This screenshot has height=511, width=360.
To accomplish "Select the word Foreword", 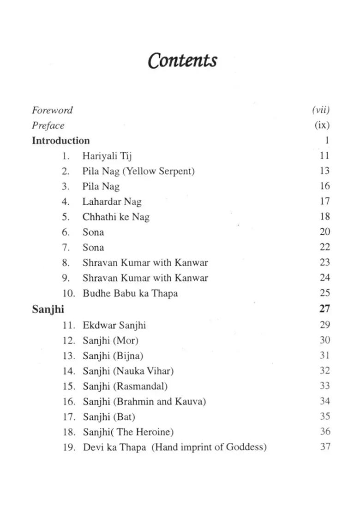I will pyautogui.click(x=52, y=110).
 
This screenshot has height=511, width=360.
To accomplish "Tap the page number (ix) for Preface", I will pyautogui.click(x=322, y=125).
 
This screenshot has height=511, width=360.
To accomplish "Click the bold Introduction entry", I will pyautogui.click(x=60, y=141).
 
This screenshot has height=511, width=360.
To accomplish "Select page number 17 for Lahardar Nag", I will pyautogui.click(x=324, y=202).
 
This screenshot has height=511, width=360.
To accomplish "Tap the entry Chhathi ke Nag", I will pyautogui.click(x=116, y=217).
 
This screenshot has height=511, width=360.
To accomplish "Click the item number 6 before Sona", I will pyautogui.click(x=66, y=232).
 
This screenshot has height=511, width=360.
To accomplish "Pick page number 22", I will pyautogui.click(x=324, y=247).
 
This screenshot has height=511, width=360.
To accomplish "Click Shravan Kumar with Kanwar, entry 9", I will pyautogui.click(x=145, y=278).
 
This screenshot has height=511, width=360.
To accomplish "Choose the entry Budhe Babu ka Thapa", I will pyautogui.click(x=130, y=293).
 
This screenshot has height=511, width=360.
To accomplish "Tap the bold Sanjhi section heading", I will pyautogui.click(x=48, y=309).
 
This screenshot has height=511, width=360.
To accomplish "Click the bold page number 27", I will pyautogui.click(x=324, y=309).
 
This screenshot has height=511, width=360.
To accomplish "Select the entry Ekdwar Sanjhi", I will pyautogui.click(x=114, y=325).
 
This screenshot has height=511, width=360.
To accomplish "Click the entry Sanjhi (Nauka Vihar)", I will pyautogui.click(x=128, y=370).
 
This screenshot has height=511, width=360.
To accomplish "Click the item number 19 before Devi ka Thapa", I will pyautogui.click(x=69, y=447).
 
